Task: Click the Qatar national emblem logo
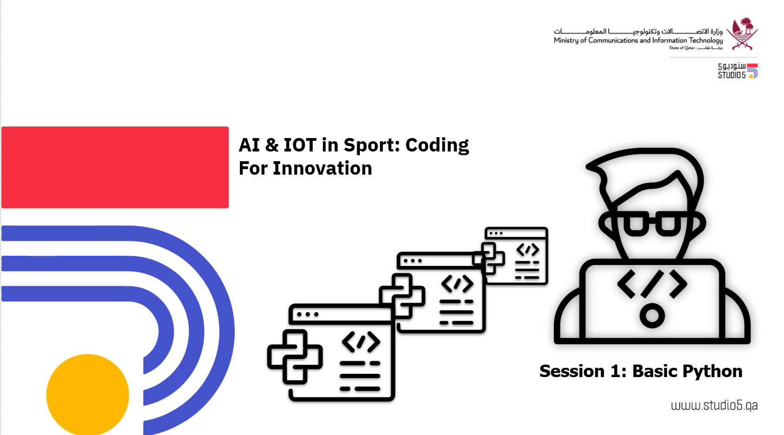pos(742,33)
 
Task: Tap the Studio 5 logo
pos(738,71)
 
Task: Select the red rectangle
pos(115,167)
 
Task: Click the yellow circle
pos(88,395)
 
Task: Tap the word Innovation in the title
pos(322,169)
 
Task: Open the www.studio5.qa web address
pos(714,406)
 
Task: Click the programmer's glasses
pos(652,223)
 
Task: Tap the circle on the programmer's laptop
pos(652,316)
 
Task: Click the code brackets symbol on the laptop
pos(652,284)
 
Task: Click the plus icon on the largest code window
pos(295,357)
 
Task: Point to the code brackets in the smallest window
pos(528,250)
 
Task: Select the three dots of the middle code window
pos(413,261)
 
